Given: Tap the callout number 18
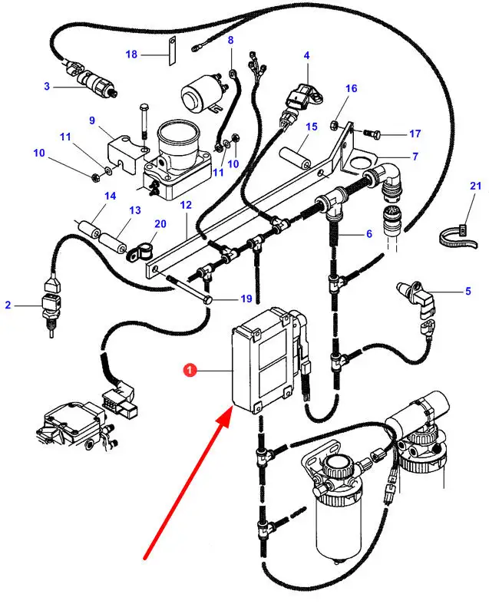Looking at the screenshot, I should click(131, 54).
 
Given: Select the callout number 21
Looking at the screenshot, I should click(476, 186).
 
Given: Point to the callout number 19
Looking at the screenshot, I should click(224, 299).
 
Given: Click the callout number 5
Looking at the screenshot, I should click(468, 291).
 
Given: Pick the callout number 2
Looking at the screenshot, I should click(8, 305).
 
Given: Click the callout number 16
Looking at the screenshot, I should click(351, 89).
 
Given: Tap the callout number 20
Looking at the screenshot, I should click(160, 224).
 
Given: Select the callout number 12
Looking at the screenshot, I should click(186, 205).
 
